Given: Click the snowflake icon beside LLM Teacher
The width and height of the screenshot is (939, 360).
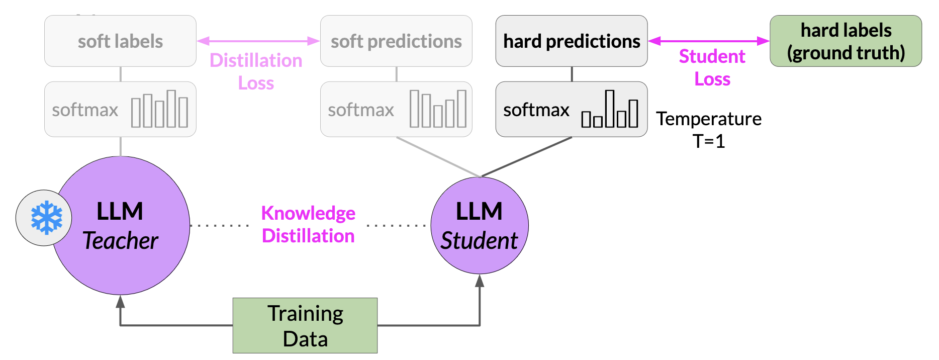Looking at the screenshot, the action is (46, 218).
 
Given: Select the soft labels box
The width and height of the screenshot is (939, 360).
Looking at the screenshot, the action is (120, 41).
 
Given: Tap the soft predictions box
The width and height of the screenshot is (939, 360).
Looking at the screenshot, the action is (396, 41).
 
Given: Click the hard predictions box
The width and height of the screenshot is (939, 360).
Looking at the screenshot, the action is (572, 41).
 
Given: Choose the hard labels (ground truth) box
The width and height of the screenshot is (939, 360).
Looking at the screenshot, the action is (846, 41).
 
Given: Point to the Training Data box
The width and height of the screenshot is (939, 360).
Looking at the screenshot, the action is (305, 325).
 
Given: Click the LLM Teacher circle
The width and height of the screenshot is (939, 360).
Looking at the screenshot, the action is (121, 225).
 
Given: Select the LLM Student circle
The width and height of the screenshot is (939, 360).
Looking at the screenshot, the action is (480, 225).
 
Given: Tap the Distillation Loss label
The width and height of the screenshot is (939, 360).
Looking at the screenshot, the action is (256, 71).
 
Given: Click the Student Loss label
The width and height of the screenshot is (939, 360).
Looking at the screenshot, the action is (712, 67).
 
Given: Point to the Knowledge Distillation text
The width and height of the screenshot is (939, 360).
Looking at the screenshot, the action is (308, 224).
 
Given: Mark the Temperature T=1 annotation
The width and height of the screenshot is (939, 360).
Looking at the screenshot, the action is (709, 130).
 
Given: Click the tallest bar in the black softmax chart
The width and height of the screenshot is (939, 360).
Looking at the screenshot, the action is (610, 109).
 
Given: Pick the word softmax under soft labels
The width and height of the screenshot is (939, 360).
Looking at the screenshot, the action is (85, 110).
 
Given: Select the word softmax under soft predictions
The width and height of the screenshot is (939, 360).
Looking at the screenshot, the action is (361, 110).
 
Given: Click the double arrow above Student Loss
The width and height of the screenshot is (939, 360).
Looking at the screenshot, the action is (709, 41).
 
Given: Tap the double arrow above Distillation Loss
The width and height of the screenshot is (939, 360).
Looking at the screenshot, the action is (258, 41).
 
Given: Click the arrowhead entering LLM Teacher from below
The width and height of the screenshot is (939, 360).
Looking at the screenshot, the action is (120, 301).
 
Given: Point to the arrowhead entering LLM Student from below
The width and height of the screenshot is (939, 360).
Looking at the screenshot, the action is (480, 281).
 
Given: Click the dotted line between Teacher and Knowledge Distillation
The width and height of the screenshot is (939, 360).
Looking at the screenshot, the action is (220, 225).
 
